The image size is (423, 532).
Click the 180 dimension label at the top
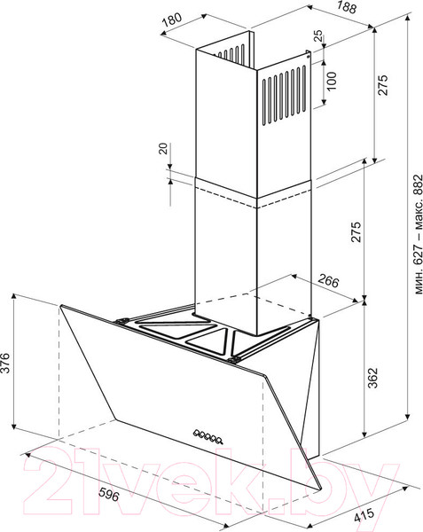tap(172, 20)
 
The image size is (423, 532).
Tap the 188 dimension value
tap(347, 7)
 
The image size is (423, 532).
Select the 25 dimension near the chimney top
tap(318, 35)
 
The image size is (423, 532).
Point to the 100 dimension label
tap(331, 81)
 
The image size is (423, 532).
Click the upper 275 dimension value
tap(382, 85)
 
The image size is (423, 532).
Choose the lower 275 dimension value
tap(356, 232)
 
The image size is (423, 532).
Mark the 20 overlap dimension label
tap(163, 149)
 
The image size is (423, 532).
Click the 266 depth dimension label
tap(328, 281)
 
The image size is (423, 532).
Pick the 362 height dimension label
tap(372, 378)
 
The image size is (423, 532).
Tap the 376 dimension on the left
tap(5, 363)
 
